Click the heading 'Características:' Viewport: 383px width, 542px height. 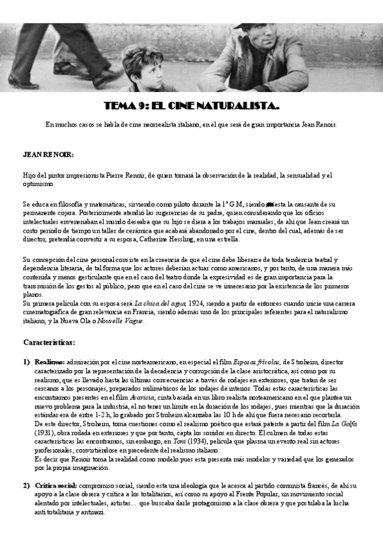[49, 342]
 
